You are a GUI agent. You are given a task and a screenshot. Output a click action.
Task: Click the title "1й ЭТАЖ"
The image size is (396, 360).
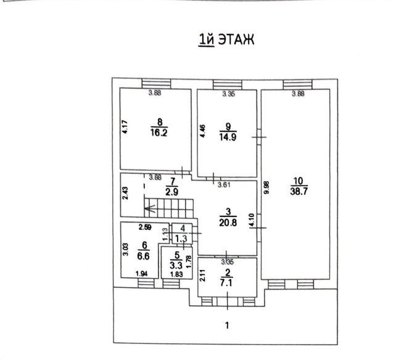(225, 40)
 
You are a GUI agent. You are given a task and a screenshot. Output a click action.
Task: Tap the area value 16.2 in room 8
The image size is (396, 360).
(159, 131)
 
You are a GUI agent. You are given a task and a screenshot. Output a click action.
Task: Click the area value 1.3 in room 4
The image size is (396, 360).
(181, 238)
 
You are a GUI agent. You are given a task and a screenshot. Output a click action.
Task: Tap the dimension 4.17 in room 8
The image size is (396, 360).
(124, 128)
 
